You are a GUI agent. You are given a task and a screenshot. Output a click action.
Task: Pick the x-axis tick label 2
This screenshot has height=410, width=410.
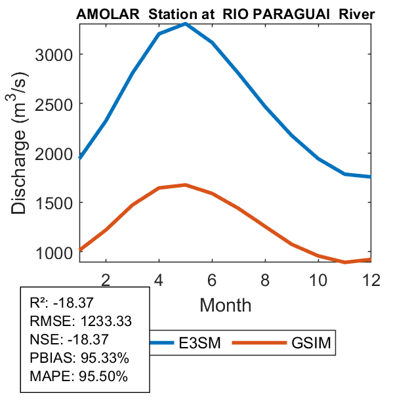click(x=106, y=279)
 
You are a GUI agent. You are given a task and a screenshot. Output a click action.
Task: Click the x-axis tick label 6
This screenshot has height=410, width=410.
click(x=212, y=279)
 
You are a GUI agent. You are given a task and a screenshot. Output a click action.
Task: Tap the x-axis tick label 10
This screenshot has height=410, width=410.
click(x=318, y=279)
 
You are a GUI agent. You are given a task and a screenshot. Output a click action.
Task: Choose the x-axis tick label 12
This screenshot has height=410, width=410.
click(x=371, y=279)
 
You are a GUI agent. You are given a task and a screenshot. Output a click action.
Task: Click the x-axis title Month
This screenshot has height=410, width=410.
click(x=225, y=304)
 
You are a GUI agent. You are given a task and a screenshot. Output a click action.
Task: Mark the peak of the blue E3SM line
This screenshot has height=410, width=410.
click(x=186, y=24)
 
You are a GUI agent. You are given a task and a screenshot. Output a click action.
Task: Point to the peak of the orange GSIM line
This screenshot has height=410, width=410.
click(x=186, y=185)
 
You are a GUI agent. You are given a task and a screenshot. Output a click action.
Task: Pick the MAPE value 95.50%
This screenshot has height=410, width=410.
click(x=102, y=377)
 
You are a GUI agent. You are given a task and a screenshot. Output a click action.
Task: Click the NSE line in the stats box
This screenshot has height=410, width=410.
click(x=70, y=340)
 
